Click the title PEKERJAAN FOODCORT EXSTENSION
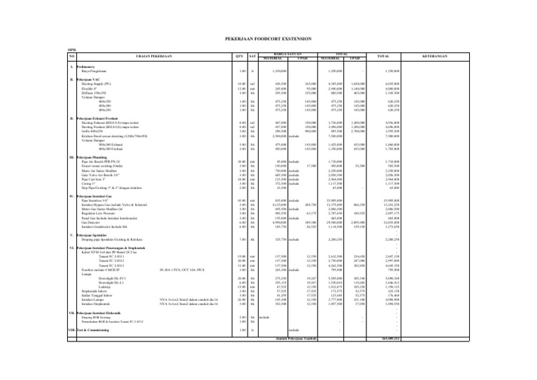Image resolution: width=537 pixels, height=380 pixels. click(x=269, y=41)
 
